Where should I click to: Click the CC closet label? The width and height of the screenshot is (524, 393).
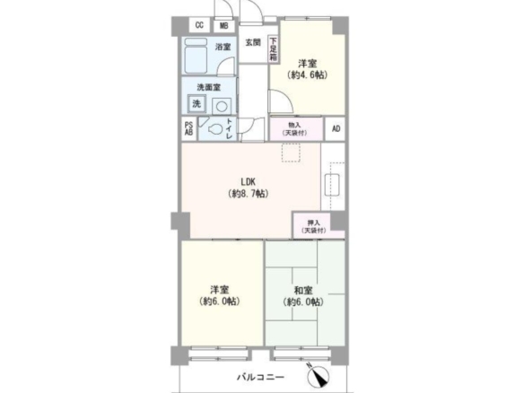coord(199,25)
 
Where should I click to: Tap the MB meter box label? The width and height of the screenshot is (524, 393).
coord(224,26)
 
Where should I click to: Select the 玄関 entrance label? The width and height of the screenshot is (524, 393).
coord(253,42)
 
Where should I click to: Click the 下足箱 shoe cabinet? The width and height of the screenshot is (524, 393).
coord(274,49)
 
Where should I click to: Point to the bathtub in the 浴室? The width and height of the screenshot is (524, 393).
coord(196,56)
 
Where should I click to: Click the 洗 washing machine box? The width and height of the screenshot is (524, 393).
coord(196,104)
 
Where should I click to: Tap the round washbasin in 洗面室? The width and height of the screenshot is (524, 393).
coord(222,107)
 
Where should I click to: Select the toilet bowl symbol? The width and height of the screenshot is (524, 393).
coord(215,129)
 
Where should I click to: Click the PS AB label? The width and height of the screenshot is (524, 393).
coord(188,128)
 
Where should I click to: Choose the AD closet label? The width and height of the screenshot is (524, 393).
coord(336,128)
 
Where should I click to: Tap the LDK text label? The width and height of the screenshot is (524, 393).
coord(249,182)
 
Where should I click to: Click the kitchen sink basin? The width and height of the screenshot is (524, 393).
coord(332,185)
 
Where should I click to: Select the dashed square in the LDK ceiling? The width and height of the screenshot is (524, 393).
coord(291,153)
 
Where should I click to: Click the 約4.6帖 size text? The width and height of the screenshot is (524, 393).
coord(307,75)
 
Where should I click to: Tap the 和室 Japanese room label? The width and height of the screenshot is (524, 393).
coord(303,290)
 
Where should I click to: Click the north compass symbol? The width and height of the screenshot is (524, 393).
coord(318,376)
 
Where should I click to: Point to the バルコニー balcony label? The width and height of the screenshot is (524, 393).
coord(261,377)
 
